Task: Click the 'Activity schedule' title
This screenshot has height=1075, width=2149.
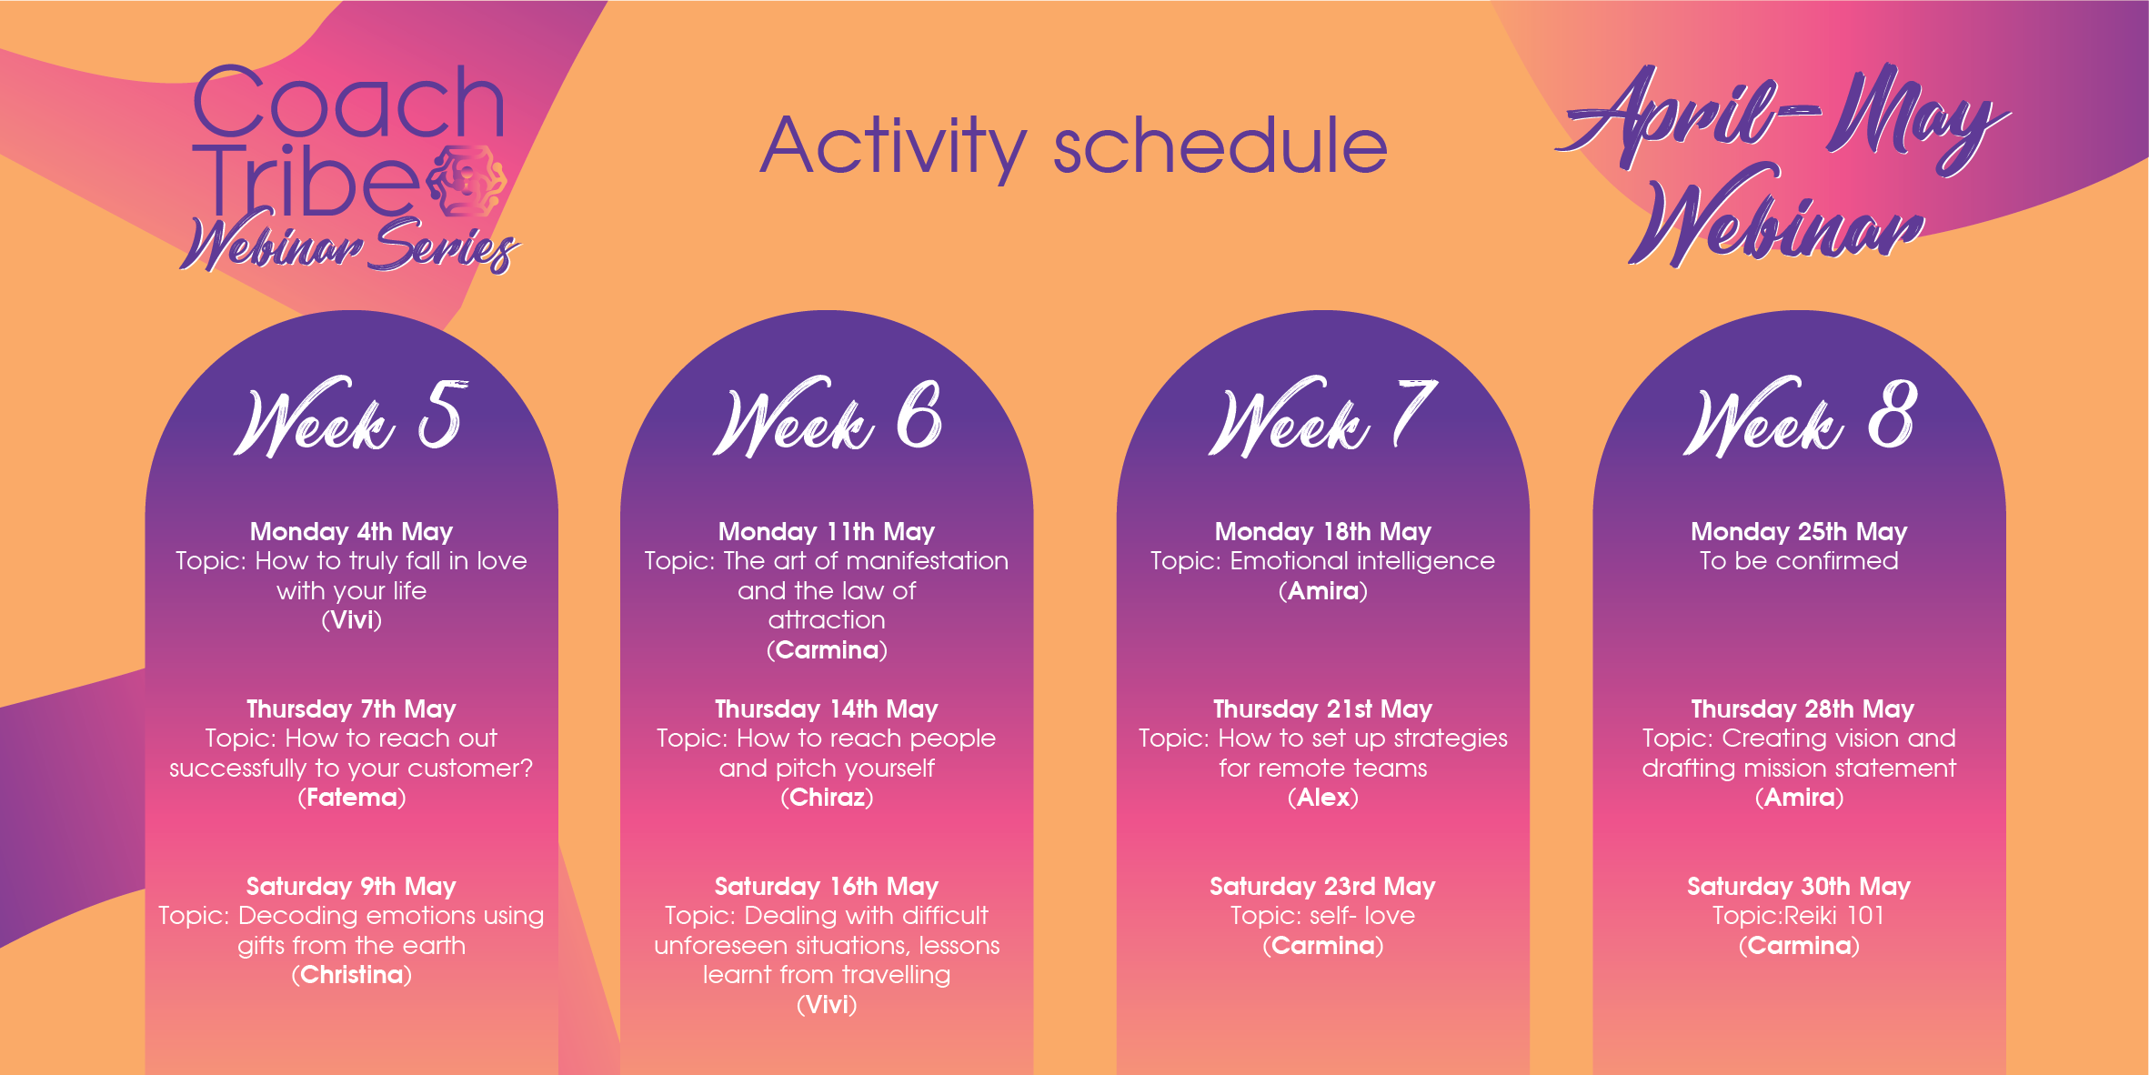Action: [1074, 147]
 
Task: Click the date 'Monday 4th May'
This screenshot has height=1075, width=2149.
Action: [352, 532]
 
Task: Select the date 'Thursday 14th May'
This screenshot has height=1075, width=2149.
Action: [827, 709]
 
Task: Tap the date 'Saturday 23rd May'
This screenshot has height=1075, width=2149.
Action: [1322, 887]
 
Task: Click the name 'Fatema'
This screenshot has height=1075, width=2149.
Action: [352, 798]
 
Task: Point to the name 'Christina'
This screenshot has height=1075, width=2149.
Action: [352, 975]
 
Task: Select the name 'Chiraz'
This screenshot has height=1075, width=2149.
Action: [827, 798]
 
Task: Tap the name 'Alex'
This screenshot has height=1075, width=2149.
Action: [1323, 798]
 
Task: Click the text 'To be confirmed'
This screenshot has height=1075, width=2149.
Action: [1800, 561]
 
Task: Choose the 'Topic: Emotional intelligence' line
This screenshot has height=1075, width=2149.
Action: [1322, 562]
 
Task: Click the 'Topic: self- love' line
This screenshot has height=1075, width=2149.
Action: [1323, 916]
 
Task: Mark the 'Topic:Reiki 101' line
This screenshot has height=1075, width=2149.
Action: [1799, 916]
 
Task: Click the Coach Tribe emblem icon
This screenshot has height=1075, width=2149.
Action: [467, 181]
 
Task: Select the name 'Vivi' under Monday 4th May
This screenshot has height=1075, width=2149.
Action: [352, 620]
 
